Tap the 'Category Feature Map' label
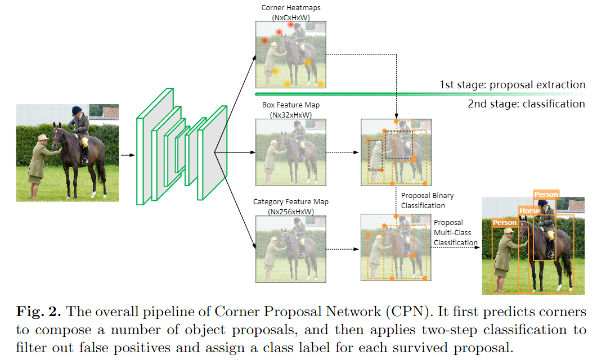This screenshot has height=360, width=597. pos(291,202)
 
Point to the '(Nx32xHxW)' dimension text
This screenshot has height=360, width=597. pos(291,115)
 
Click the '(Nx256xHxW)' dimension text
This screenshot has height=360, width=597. pos(291,211)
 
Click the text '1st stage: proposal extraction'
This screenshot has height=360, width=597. pos(512,85)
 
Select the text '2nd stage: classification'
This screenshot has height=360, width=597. pos(526,103)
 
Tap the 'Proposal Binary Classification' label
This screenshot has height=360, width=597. pos(427,200)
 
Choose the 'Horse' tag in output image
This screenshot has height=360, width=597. pos(529,211)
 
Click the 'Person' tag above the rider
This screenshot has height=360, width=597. pos(546,195)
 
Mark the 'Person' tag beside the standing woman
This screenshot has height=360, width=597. pos(504,223)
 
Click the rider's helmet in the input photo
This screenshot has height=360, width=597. pos(77,110)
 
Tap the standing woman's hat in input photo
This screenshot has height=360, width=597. pos(42,138)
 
